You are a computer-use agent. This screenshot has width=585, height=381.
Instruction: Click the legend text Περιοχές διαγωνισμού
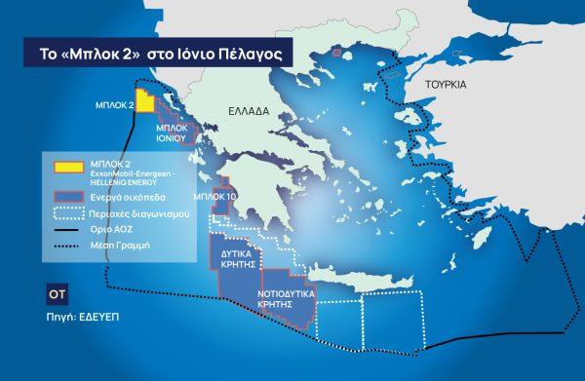(x=131, y=213)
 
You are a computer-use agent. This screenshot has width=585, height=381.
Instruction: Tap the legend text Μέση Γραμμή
(x=114, y=246)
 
